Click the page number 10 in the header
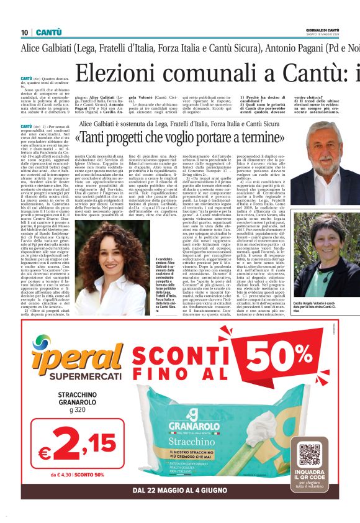tap(25, 32)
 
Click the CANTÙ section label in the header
tap(48, 32)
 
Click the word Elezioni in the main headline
tap(118, 73)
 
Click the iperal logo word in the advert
tap(62, 366)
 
